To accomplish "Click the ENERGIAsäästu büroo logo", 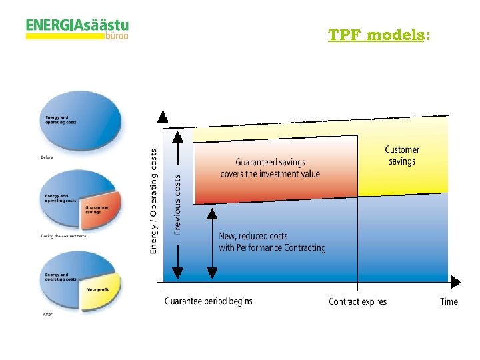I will coord(77,29).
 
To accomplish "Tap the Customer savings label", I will coord(402,155).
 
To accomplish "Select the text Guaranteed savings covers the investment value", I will coord(270,168).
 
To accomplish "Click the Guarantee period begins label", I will coord(208,301).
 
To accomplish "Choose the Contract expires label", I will coord(357,302).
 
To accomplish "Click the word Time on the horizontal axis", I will coord(449,302).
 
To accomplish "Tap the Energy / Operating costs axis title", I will coord(154,200).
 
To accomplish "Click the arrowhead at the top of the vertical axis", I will coord(162,117).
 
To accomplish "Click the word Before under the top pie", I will coord(46,157).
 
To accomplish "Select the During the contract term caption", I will coord(63,236).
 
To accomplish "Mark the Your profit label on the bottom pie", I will coord(97,290).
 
